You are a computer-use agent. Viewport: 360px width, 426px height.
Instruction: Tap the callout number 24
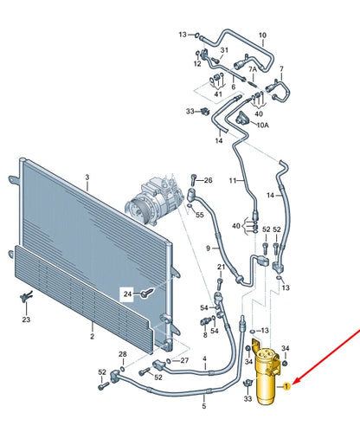coord(128,294)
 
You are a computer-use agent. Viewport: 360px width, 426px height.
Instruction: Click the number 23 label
coord(25,319)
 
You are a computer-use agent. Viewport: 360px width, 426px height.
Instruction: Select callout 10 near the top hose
coord(263,35)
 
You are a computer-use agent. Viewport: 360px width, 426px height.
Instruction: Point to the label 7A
coord(253,68)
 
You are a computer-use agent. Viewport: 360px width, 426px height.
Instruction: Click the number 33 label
coord(190,112)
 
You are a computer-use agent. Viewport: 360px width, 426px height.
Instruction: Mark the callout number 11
coord(232,181)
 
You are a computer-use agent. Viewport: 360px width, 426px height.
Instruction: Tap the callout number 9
coord(208,249)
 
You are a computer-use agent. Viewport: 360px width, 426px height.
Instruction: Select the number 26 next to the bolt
coord(206,180)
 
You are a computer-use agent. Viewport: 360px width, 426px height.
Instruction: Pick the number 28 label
coord(122,354)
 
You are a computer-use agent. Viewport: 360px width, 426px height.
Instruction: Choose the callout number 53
coord(265,332)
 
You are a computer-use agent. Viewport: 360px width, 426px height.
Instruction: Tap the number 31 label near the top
coord(222,49)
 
